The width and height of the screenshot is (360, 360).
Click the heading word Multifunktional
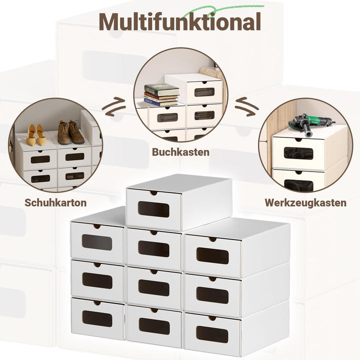(180, 22)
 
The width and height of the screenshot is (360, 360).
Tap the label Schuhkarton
(55, 202)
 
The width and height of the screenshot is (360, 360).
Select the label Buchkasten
(180, 152)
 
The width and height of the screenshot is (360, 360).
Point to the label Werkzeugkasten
(305, 202)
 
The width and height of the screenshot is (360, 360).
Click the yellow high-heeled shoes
(36, 135)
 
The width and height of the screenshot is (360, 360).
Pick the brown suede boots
(70, 132)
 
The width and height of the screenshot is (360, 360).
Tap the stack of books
(161, 95)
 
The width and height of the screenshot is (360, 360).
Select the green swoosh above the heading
(226, 8)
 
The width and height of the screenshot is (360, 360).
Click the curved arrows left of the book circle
(114, 107)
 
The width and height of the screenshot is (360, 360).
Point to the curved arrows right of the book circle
(247, 107)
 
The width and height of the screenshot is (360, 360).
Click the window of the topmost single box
(153, 209)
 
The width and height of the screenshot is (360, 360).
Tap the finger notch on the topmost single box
(153, 193)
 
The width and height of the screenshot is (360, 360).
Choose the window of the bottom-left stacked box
(97, 318)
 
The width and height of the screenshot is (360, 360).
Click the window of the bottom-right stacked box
(212, 334)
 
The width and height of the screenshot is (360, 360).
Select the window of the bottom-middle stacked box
(154, 326)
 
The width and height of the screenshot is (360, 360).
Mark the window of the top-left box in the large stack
(97, 242)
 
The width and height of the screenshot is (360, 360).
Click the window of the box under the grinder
(298, 153)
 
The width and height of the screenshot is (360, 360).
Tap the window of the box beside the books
(204, 92)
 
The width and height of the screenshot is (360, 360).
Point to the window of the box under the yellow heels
(40, 159)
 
